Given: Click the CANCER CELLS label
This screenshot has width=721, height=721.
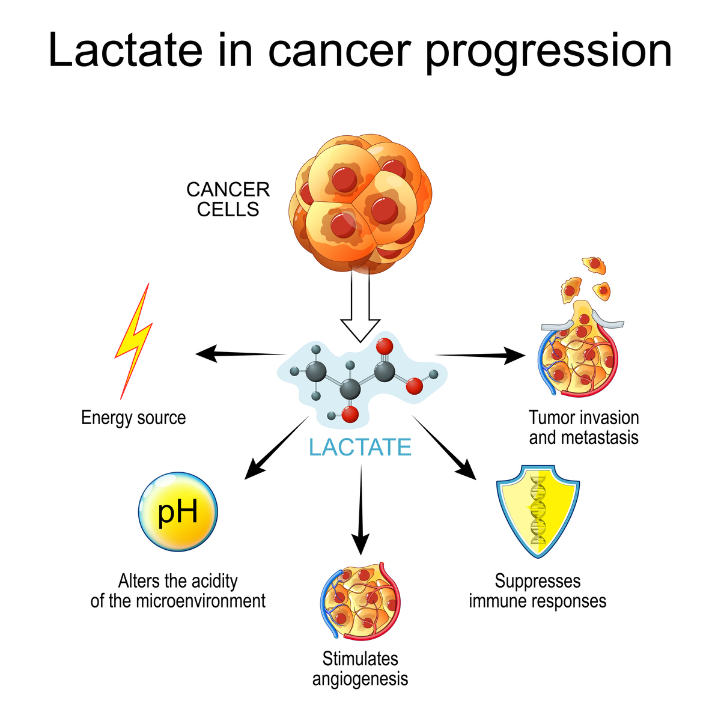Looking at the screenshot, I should (228, 199).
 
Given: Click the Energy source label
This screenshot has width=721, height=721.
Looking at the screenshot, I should (133, 418).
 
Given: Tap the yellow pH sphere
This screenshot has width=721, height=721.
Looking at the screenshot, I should (178, 512).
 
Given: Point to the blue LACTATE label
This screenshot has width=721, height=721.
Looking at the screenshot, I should (360, 448).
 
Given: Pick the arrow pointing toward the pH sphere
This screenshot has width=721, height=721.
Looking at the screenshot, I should (276, 448).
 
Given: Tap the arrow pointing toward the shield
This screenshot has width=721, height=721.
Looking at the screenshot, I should (445, 448).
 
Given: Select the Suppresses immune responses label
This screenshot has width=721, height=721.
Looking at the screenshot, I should (538, 591).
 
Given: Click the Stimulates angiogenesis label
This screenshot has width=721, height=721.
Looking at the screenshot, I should (360, 669).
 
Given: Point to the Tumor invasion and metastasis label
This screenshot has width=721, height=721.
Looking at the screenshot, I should (583, 427).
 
